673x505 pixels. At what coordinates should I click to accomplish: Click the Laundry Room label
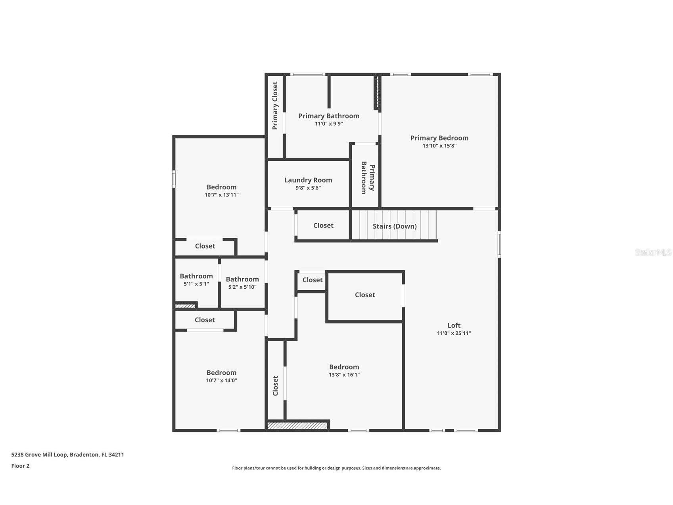pyautogui.click(x=308, y=180)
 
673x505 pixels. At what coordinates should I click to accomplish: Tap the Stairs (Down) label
pyautogui.click(x=394, y=226)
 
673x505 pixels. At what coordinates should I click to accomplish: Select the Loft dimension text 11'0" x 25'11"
pyautogui.click(x=454, y=333)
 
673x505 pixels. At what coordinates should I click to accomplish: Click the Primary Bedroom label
pyautogui.click(x=439, y=138)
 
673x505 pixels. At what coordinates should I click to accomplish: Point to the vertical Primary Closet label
pyautogui.click(x=275, y=106)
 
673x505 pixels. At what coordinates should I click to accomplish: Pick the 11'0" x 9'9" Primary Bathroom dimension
pyautogui.click(x=329, y=124)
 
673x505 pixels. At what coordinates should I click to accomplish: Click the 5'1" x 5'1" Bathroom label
pyautogui.click(x=196, y=276)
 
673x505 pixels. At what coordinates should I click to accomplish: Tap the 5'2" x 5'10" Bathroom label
pyautogui.click(x=242, y=279)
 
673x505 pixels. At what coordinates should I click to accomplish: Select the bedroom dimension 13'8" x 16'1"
pyautogui.click(x=344, y=375)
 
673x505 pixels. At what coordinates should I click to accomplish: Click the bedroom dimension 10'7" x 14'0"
pyautogui.click(x=221, y=380)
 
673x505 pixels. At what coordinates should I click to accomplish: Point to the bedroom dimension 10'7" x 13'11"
pyautogui.click(x=221, y=195)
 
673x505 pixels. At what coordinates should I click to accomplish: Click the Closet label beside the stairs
pyautogui.click(x=323, y=226)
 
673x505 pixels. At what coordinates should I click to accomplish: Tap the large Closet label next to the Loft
pyautogui.click(x=364, y=295)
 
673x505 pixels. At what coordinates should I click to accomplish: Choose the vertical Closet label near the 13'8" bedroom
pyautogui.click(x=275, y=386)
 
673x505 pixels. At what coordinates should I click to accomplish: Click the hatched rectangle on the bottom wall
pyautogui.click(x=297, y=426)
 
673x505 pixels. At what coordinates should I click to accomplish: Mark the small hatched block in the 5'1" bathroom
pyautogui.click(x=185, y=306)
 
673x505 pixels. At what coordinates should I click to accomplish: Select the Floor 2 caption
pyautogui.click(x=20, y=466)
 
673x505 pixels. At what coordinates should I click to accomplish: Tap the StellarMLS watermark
pyautogui.click(x=653, y=252)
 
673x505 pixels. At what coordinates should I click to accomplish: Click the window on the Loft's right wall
pyautogui.click(x=499, y=244)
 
